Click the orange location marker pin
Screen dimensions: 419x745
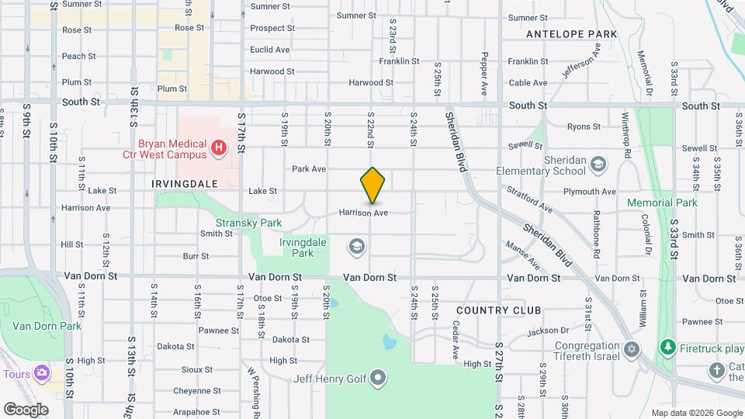coord(373,185)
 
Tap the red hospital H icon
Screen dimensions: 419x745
coord(220,147)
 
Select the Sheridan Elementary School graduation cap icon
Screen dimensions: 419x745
coord(598,164)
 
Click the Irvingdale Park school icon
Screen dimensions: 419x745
coord(356,247)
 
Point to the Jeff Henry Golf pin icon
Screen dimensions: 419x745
coord(378,379)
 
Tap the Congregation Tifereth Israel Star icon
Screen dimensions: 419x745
coord(632,349)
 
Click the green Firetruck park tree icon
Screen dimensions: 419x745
coord(665,345)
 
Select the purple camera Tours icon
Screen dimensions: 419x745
coord(41,373)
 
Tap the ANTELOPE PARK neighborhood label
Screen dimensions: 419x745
coord(571,34)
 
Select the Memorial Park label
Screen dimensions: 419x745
coord(663,203)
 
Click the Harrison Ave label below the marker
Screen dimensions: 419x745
coord(363,212)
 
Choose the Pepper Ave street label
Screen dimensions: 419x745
coord(484,74)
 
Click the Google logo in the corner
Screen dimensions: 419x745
coord(26,409)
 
